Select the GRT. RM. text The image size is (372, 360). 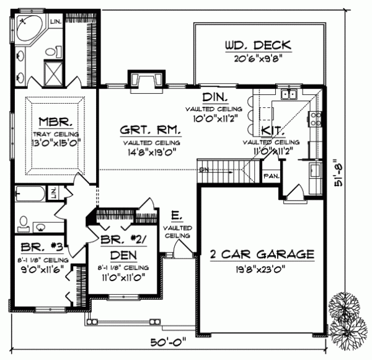pos(151,131)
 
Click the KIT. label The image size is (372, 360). pos(273,130)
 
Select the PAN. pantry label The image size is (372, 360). pos(271,175)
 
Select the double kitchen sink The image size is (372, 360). pos(288,94)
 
